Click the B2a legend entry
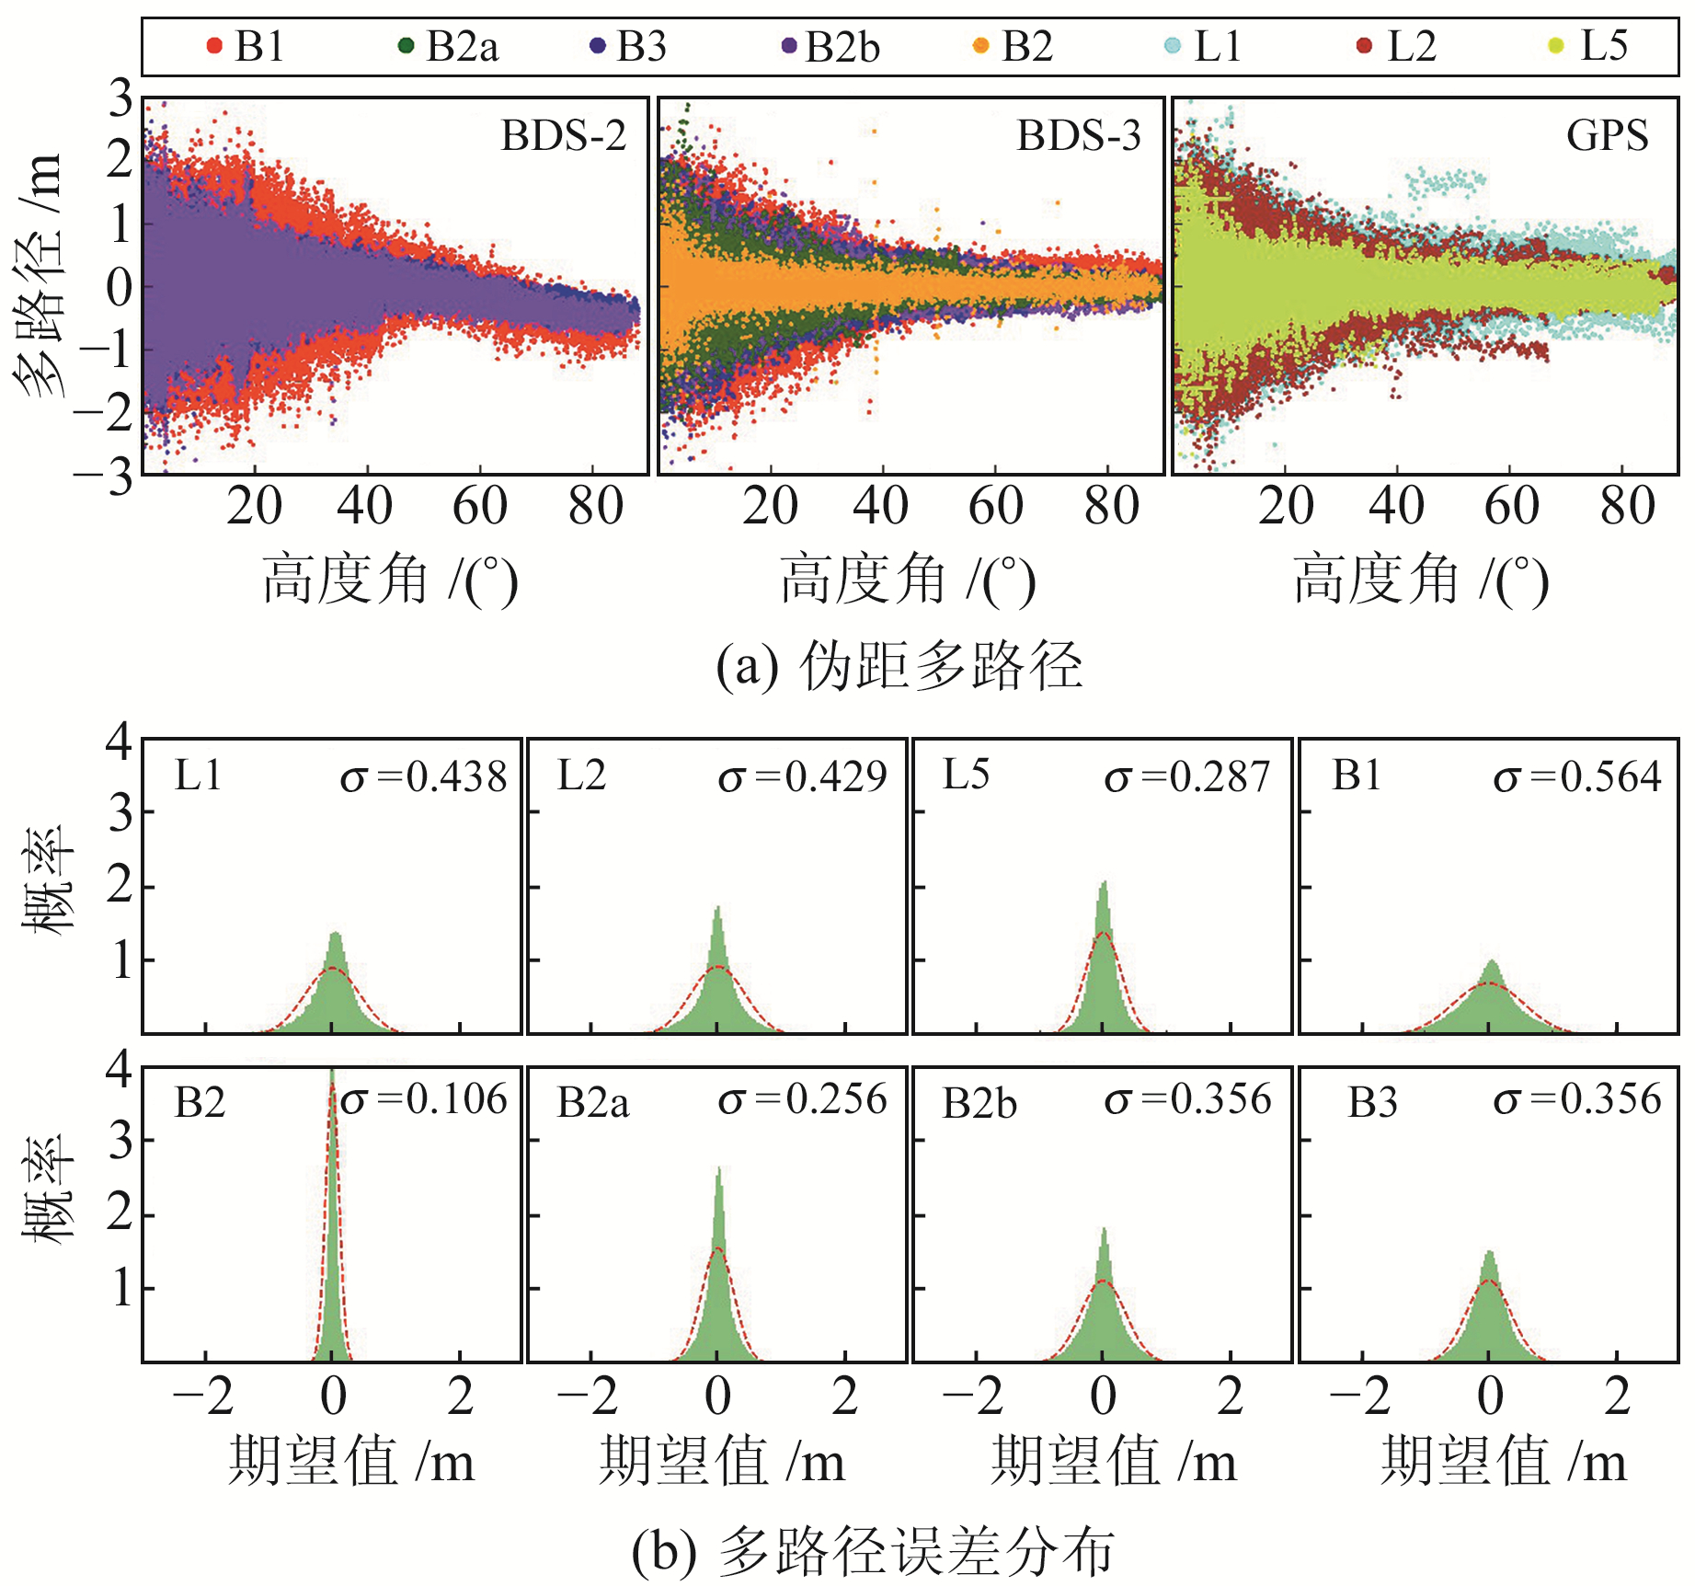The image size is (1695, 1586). (451, 46)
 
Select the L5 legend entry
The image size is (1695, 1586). (1591, 46)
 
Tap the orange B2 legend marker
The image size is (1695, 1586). (980, 46)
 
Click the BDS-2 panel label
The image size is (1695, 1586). (563, 136)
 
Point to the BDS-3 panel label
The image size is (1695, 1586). (1078, 136)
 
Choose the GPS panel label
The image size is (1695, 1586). (1607, 136)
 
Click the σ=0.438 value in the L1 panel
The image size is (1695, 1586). (423, 777)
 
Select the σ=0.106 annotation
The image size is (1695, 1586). (423, 1100)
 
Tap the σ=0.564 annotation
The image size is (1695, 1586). (1576, 777)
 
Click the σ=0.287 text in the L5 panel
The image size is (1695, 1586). (1186, 777)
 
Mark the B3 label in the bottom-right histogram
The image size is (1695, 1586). (1372, 1102)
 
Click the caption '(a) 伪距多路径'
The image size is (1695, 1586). (899, 665)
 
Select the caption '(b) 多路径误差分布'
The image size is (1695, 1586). (874, 1550)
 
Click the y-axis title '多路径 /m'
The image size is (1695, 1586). (39, 276)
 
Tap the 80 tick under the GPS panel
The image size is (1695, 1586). (1627, 507)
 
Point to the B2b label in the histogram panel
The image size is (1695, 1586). (979, 1103)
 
